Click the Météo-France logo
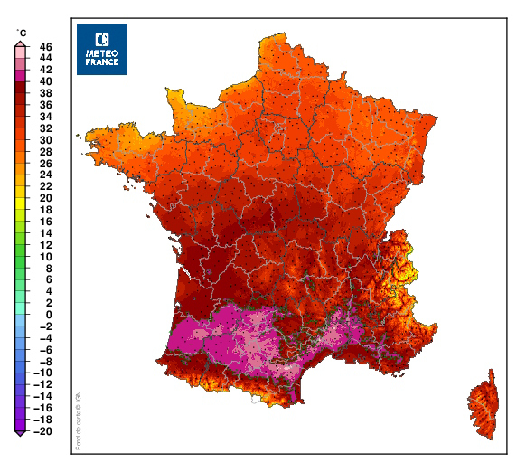pos(102,49)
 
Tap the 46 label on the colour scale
pos(45,46)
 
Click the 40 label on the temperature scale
pos(45,80)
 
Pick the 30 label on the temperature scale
pos(45,139)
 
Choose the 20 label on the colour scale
pos(45,198)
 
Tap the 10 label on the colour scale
pos(45,256)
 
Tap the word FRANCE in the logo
pos(102,62)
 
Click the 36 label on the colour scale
pos(45,104)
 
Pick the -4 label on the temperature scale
pos(45,337)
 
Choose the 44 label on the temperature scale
pos(45,57)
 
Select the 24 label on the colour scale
pos(45,175)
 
